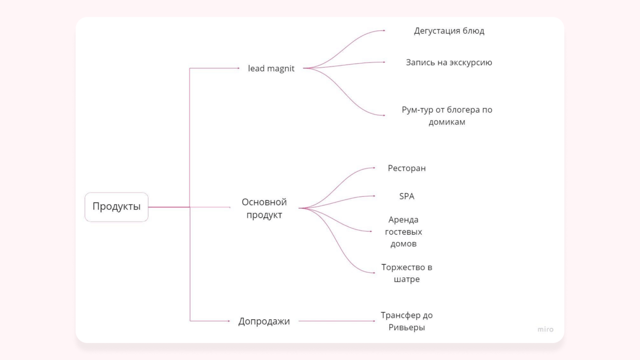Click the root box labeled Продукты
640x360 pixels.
pos(117,207)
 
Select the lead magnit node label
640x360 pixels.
pos(271,68)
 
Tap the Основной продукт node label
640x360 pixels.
pos(264,208)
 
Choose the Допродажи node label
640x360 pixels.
pos(264,321)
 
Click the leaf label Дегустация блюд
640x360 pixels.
pos(449,31)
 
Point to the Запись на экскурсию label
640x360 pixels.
pos(449,63)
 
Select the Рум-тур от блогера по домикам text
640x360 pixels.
pos(447,116)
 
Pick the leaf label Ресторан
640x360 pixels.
pos(406,168)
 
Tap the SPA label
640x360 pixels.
pos(406,196)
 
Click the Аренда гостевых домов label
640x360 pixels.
pos(404,232)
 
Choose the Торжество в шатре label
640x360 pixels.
pos(406,273)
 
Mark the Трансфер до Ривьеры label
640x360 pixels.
pos(406,321)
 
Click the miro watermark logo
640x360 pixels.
pos(545,329)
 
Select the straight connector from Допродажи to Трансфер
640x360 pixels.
pos(337,321)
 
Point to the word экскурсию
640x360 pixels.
pos(470,63)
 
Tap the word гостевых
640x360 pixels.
pos(404,232)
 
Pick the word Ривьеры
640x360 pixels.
pos(406,328)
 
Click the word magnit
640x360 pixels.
pos(281,68)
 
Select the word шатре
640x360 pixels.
pos(406,279)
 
